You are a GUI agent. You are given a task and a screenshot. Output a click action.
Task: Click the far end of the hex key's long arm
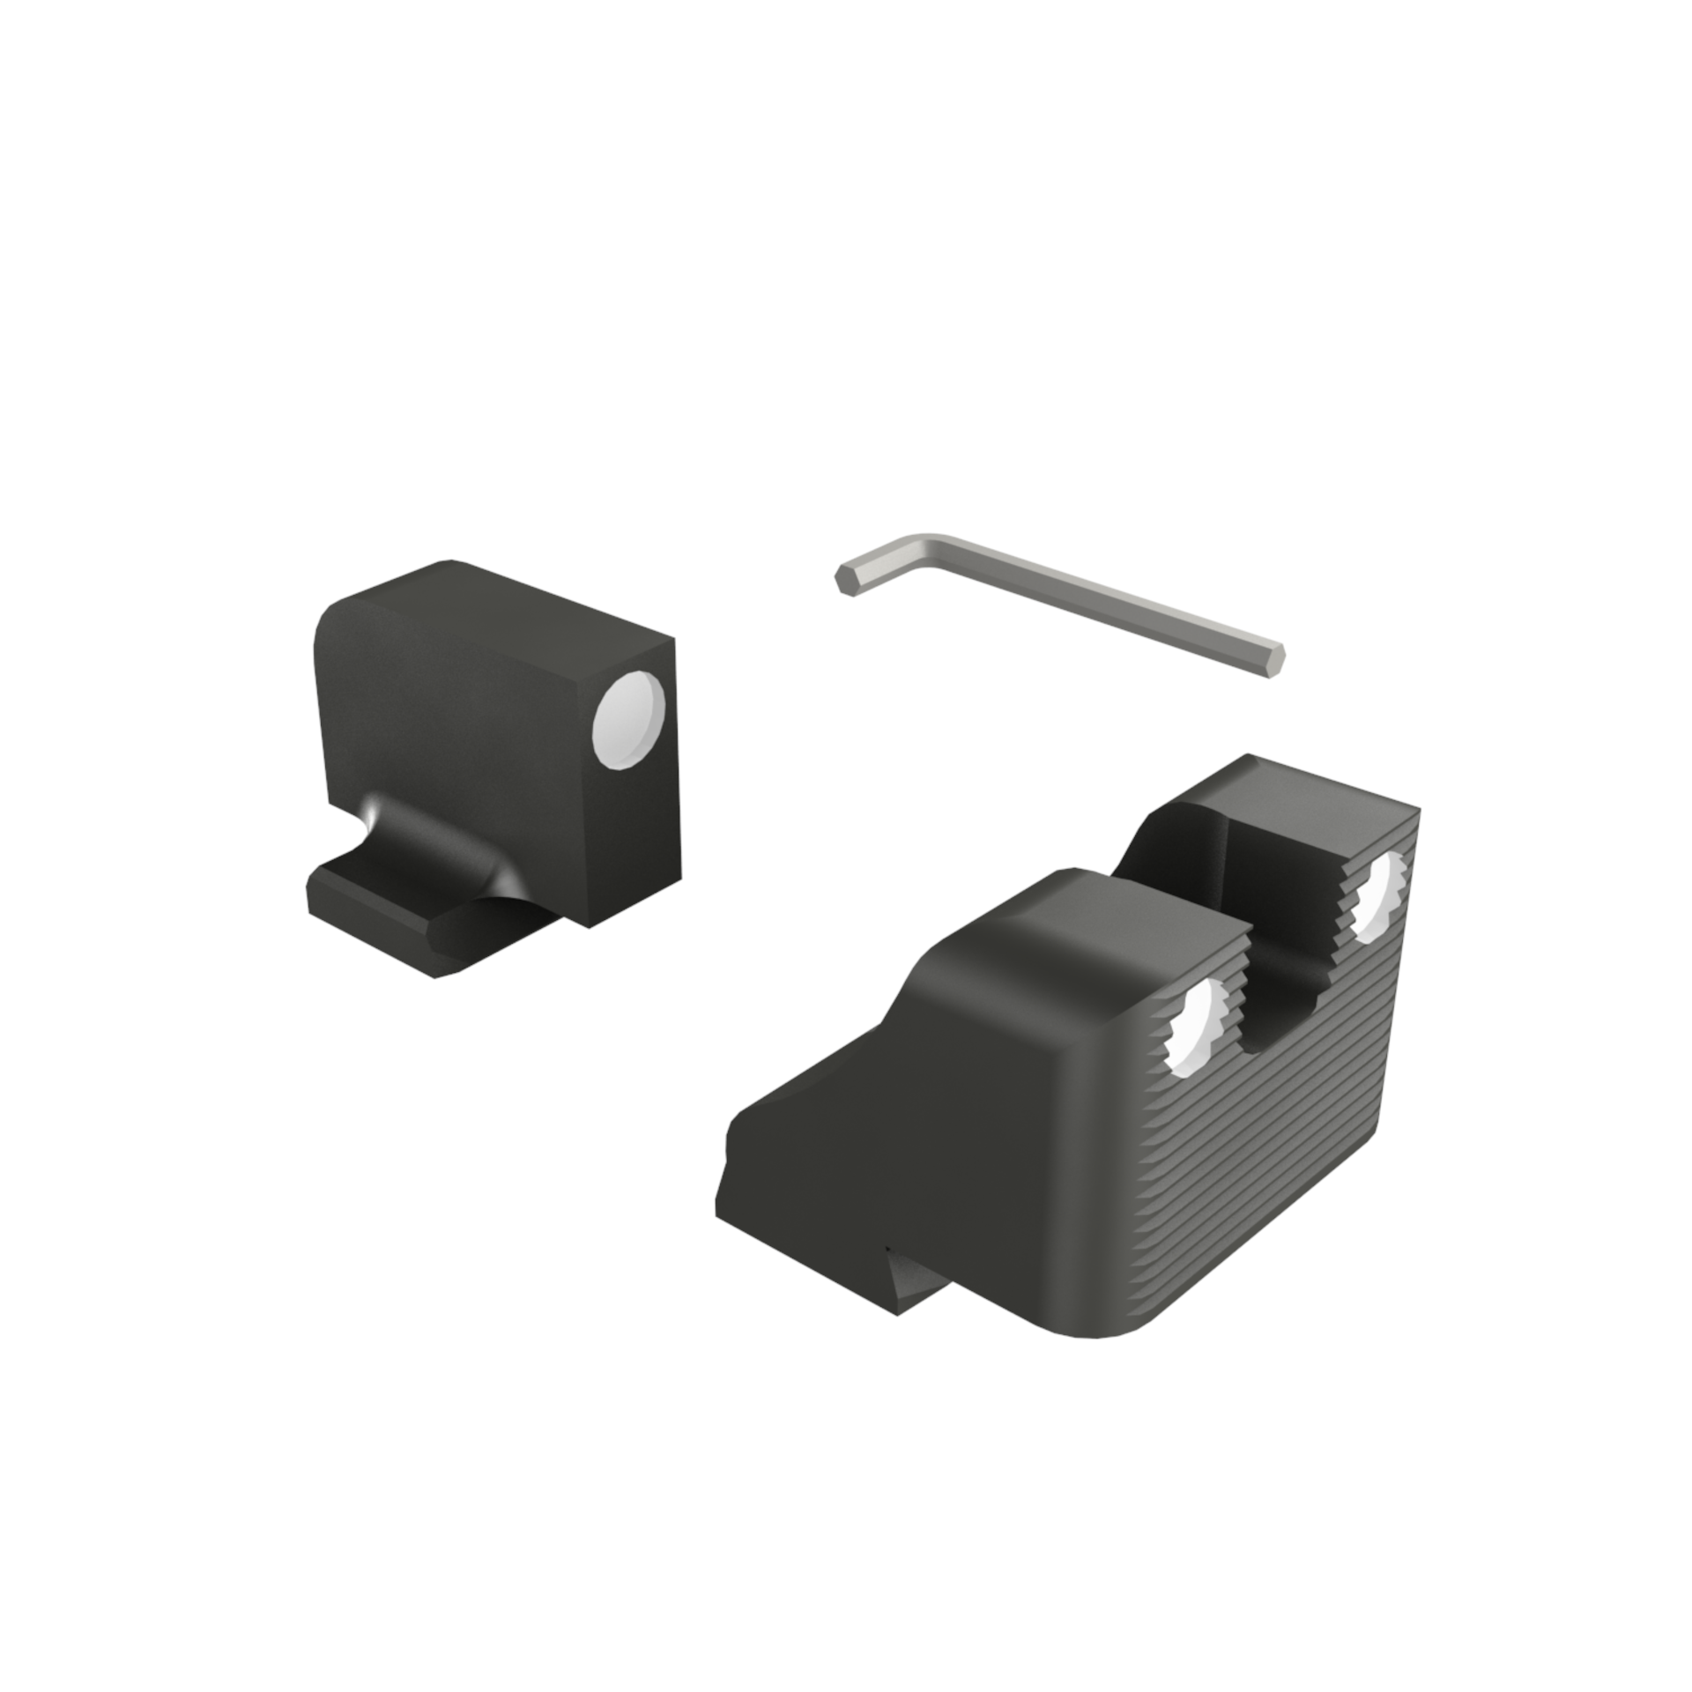(1274, 660)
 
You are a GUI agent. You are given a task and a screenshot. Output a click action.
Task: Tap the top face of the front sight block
(493, 608)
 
